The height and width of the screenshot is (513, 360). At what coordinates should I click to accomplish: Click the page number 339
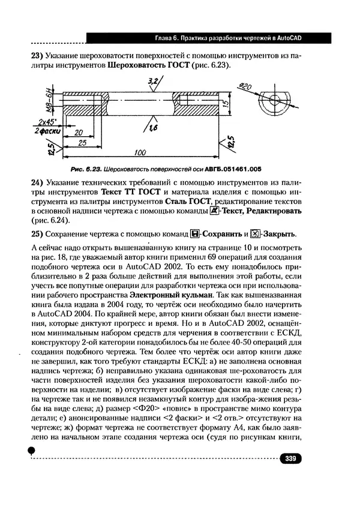pyautogui.click(x=290, y=459)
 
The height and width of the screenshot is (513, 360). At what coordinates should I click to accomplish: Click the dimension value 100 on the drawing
pyautogui.click(x=142, y=152)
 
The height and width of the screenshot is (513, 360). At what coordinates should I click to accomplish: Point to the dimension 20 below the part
pyautogui.click(x=78, y=131)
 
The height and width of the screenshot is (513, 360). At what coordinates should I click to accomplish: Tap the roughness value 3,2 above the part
pyautogui.click(x=152, y=80)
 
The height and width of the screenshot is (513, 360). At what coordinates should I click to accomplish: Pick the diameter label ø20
pyautogui.click(x=245, y=88)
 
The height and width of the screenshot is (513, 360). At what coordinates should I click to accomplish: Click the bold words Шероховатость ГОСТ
pyautogui.click(x=146, y=65)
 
